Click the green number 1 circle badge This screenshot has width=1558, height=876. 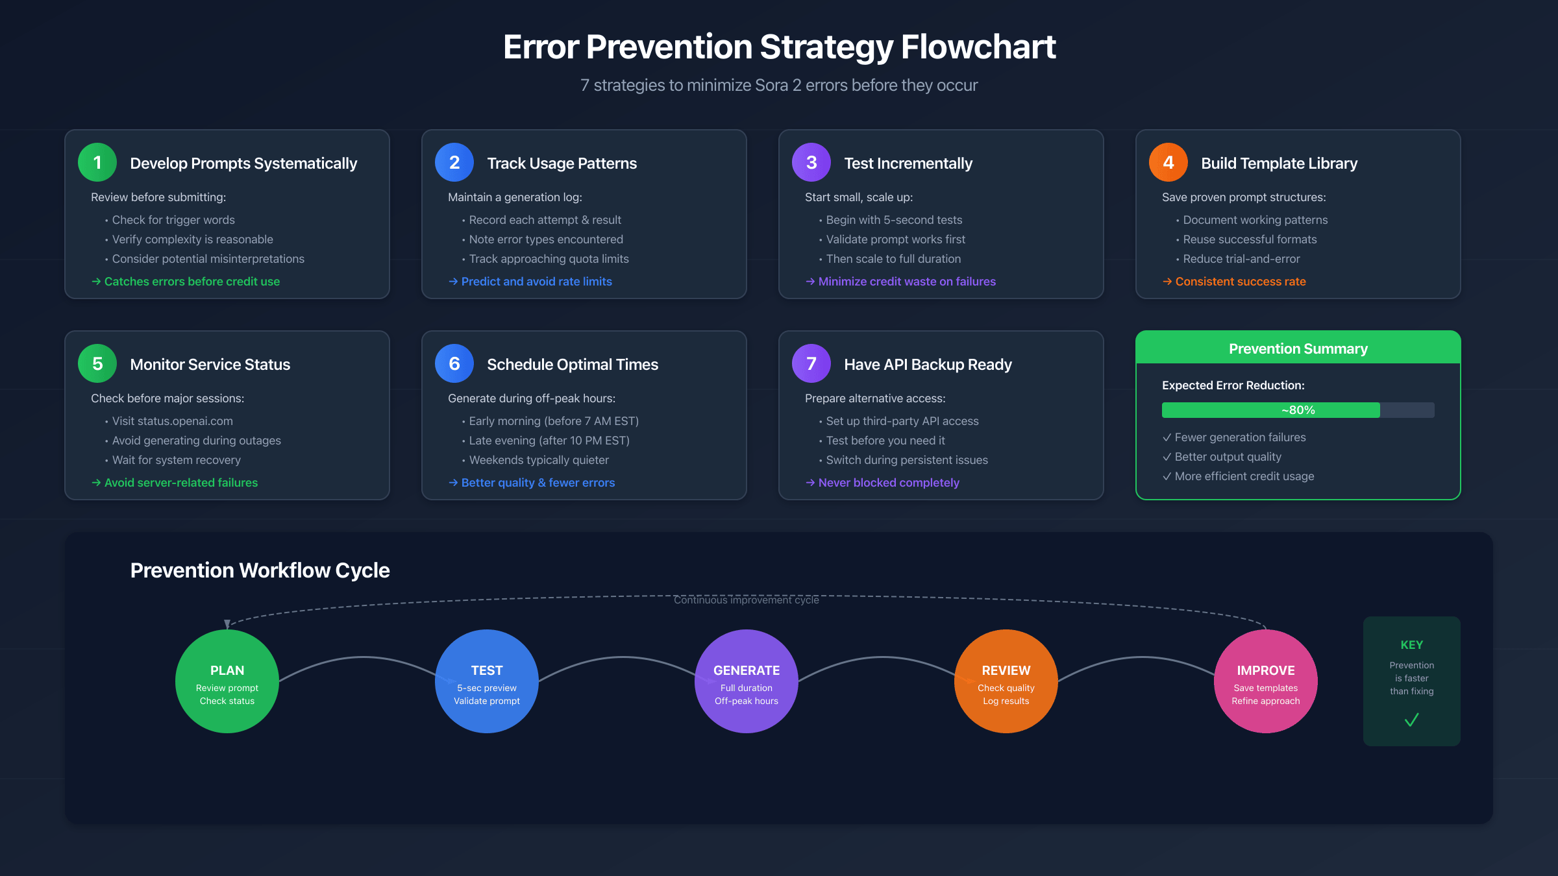[97, 162]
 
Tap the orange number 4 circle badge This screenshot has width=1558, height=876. [1168, 162]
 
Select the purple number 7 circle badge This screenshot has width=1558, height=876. [811, 363]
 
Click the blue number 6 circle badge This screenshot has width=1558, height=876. [454, 363]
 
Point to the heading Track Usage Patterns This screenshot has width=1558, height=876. [562, 164]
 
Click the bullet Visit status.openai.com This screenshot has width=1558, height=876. [172, 421]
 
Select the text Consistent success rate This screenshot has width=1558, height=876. [1240, 282]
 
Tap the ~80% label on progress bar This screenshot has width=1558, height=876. [1298, 410]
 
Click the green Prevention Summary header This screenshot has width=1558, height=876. [1298, 348]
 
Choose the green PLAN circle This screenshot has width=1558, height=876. [227, 681]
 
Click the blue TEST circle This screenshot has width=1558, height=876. [487, 681]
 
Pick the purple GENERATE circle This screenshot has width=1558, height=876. [747, 681]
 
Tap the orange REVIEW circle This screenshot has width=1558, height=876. [1006, 681]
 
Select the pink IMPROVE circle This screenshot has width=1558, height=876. [1266, 681]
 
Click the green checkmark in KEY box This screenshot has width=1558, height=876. [1411, 720]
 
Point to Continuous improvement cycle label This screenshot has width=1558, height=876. [747, 600]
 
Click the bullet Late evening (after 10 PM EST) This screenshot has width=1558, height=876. [549, 441]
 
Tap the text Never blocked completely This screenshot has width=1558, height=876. [888, 483]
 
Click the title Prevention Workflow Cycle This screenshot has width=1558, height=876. [260, 570]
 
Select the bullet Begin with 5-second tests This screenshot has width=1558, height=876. [893, 220]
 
